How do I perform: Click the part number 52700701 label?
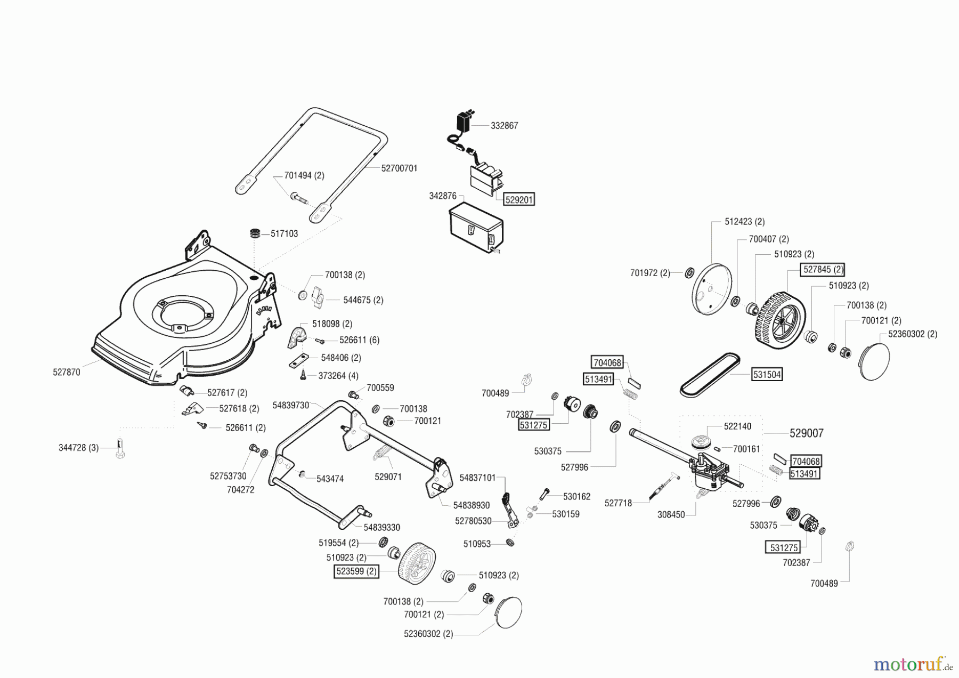coord(399,168)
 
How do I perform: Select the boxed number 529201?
coord(519,199)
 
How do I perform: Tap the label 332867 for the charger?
coord(504,126)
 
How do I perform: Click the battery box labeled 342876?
coord(476,228)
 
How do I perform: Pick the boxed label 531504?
coord(767,375)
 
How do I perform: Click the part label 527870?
coord(67,372)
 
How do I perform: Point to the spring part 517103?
coord(256,234)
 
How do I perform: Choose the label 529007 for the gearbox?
coord(806,433)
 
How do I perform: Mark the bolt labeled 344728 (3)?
coord(120,448)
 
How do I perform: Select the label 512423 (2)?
coord(744,222)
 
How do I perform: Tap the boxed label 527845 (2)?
coord(823,270)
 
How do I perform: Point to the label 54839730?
coord(290,405)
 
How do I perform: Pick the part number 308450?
coord(671,515)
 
